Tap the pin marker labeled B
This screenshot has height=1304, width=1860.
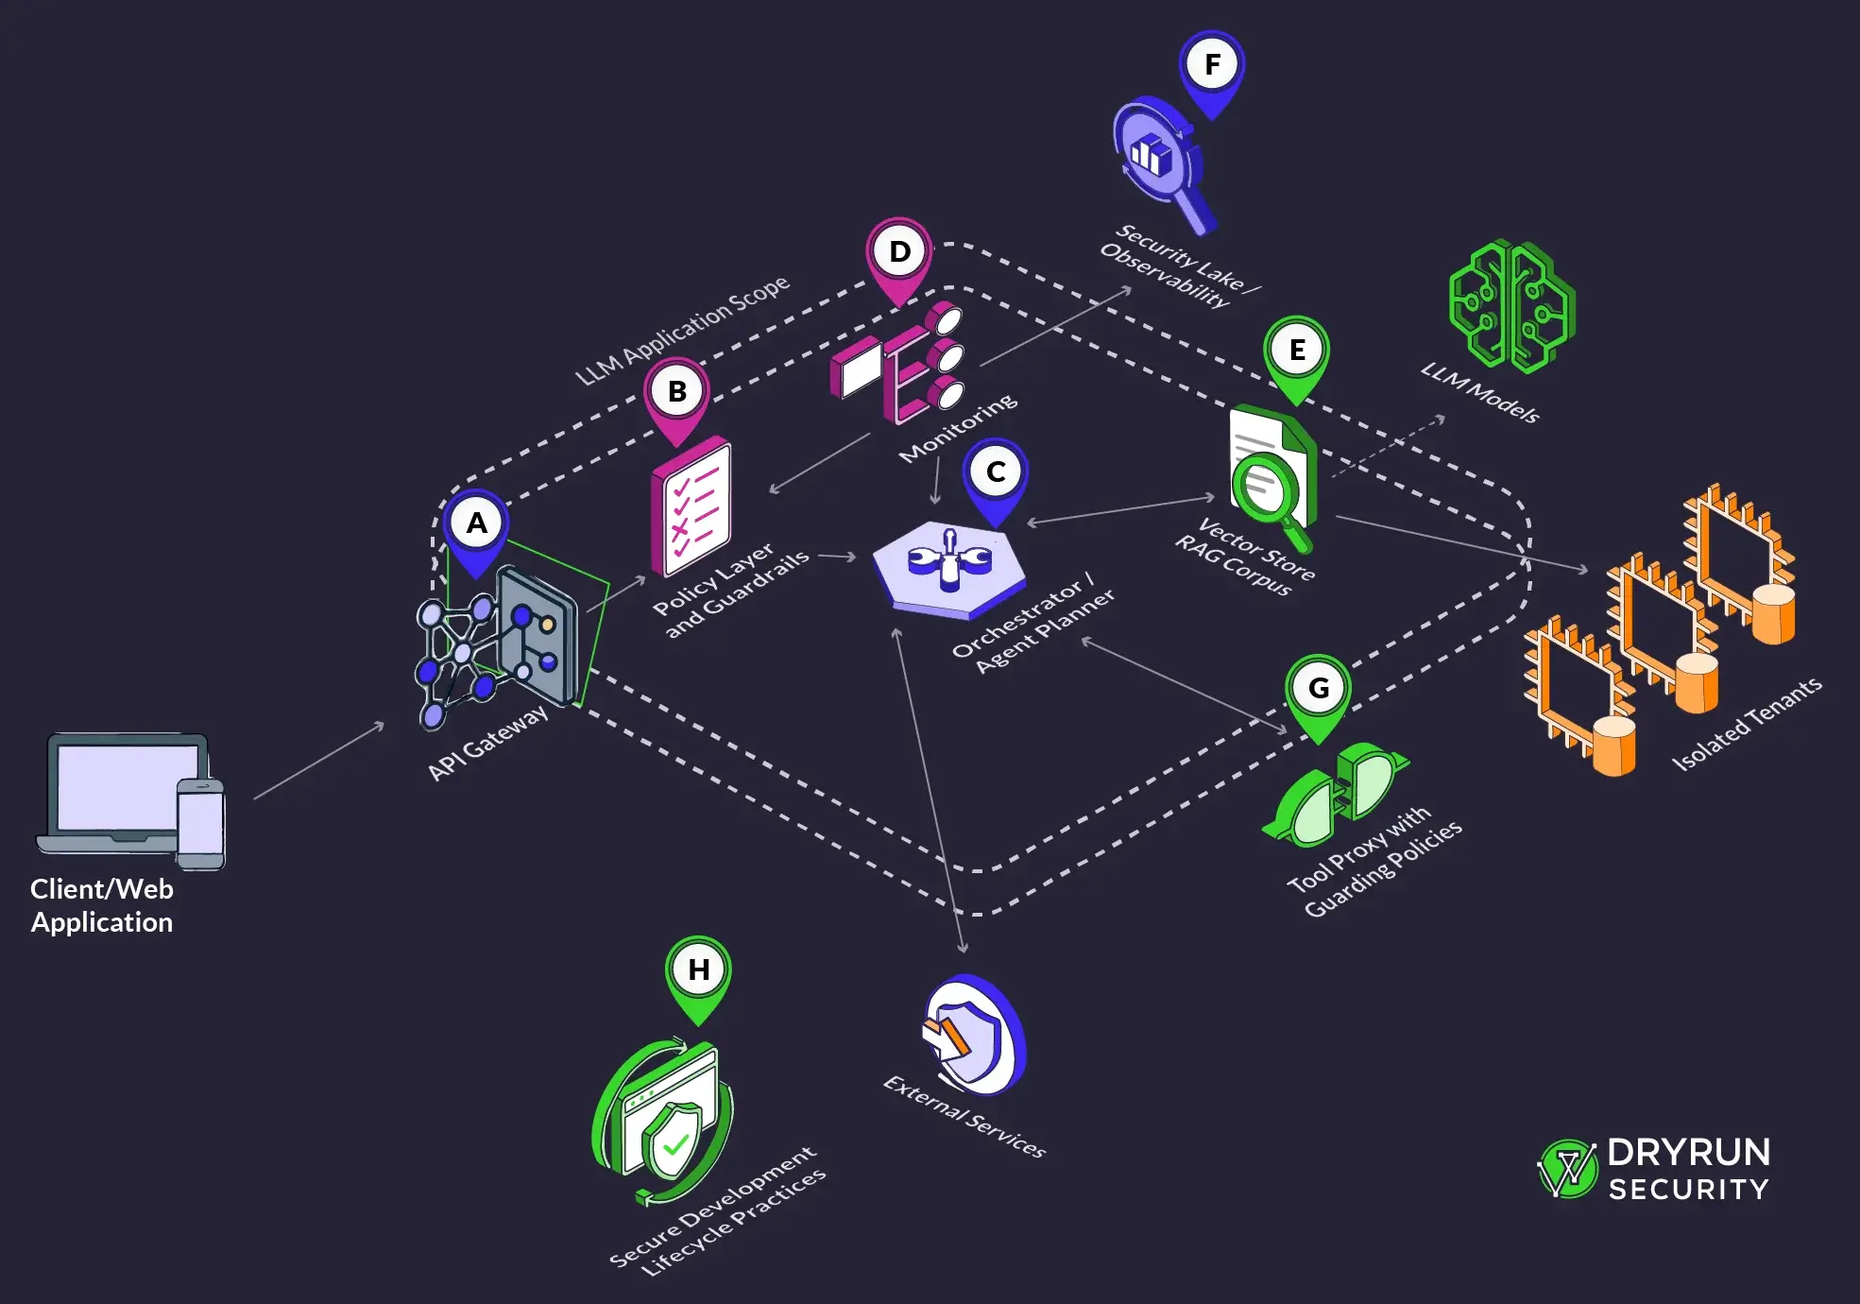tap(676, 391)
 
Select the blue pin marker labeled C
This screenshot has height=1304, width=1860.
tap(995, 472)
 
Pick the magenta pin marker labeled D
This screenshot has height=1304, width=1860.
tap(899, 252)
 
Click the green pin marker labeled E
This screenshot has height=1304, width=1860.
tap(1296, 351)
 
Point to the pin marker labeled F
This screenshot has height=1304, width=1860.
tap(1212, 65)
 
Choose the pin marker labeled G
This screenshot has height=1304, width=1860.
tap(1318, 689)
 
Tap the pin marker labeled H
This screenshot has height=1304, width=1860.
tap(698, 970)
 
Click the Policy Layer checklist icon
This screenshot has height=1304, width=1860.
tap(691, 506)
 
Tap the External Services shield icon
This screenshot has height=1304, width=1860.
tap(973, 1034)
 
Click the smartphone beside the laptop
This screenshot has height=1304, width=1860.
tap(201, 822)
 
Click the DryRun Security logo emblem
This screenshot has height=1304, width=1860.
tap(1567, 1169)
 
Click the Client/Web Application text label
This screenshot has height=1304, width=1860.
tap(102, 905)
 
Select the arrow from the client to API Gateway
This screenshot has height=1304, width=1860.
tap(319, 761)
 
